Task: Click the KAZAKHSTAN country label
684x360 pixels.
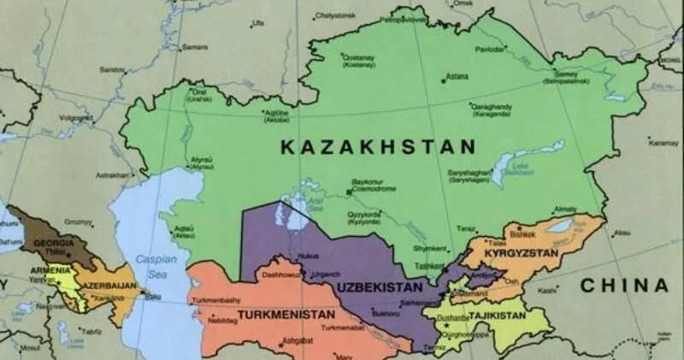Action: point(377,147)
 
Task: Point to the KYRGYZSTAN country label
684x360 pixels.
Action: point(521,254)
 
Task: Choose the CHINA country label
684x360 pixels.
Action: point(624,286)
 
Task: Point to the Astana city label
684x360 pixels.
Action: point(457,76)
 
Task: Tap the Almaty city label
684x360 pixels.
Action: point(565,209)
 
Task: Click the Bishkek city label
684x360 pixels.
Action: point(521,233)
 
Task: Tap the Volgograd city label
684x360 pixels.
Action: point(75,117)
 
